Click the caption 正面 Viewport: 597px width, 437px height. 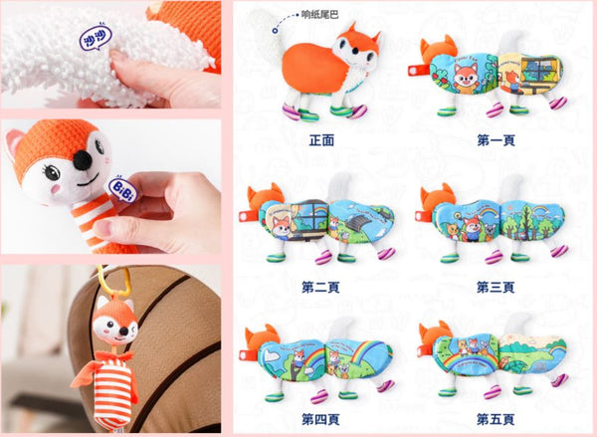(x=320, y=140)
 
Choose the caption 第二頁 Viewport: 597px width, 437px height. (x=320, y=287)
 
